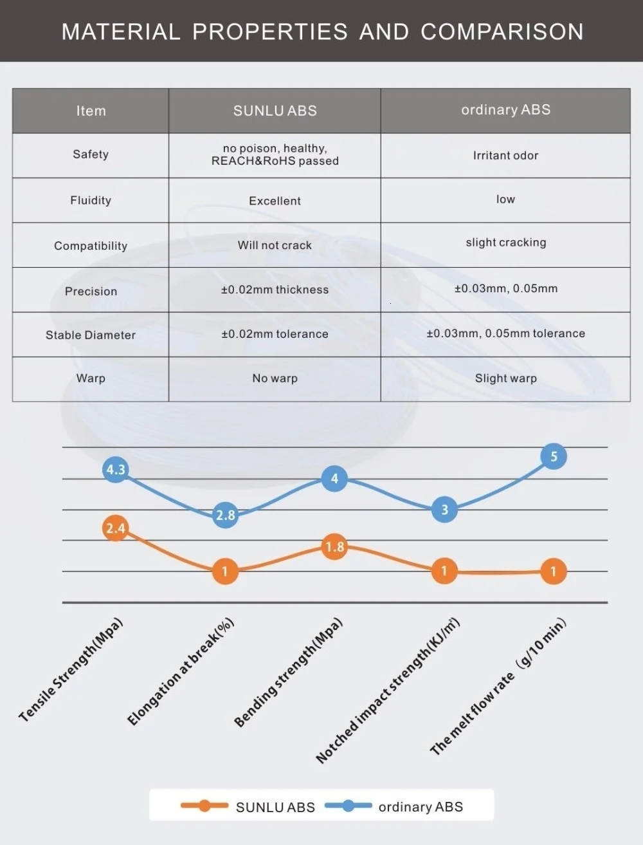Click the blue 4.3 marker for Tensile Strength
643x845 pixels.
tap(116, 469)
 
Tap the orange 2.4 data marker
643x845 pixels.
tap(116, 528)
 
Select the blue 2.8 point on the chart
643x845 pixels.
tap(225, 515)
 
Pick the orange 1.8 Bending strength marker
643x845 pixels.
tap(334, 547)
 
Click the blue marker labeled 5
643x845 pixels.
tap(554, 457)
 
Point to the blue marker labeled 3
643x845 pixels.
tap(444, 510)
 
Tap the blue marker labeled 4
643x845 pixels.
tap(334, 479)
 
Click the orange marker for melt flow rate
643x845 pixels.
tap(553, 571)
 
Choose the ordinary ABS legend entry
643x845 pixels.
tap(395, 806)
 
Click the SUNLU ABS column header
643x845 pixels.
tap(275, 111)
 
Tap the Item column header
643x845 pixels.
tap(91, 111)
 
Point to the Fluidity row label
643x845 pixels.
tap(91, 200)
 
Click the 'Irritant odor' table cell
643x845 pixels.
tap(505, 155)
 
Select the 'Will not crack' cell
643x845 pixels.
tap(275, 245)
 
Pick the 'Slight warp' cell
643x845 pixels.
tap(505, 378)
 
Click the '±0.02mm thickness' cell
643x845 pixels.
tap(275, 290)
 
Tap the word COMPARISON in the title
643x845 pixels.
tap(502, 32)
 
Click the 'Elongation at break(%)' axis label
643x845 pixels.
tap(181, 672)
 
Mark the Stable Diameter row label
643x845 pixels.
tap(91, 335)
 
